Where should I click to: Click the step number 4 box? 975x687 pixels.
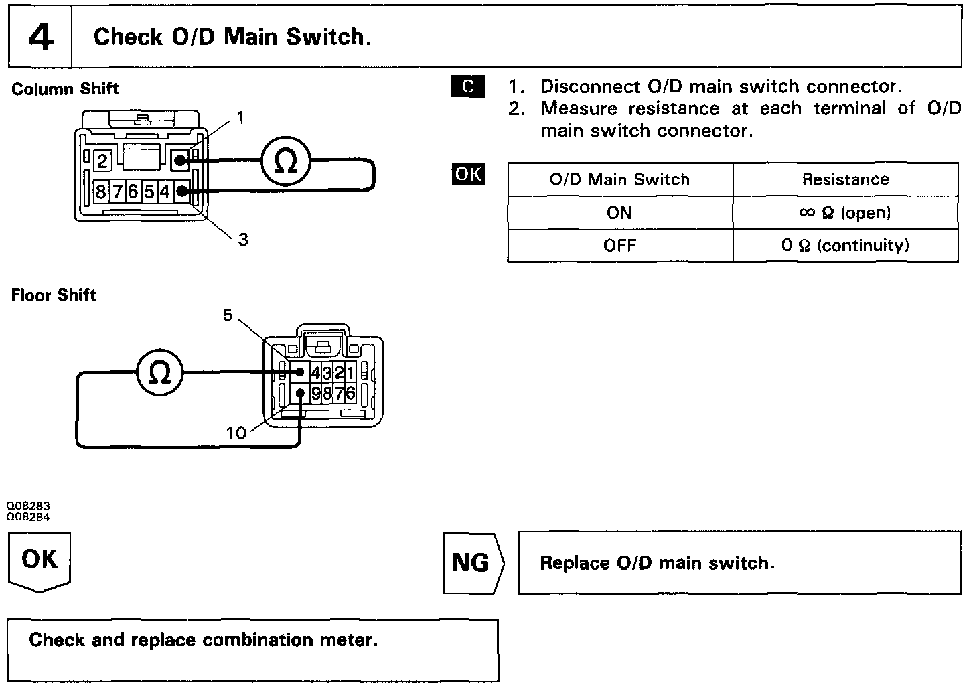pyautogui.click(x=40, y=37)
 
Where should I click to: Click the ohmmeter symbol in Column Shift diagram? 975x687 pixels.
pyautogui.click(x=286, y=161)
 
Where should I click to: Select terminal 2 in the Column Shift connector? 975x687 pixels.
pyautogui.click(x=102, y=161)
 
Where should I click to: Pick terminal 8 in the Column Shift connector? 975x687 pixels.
pyautogui.click(x=100, y=192)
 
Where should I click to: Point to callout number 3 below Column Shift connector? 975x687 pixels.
pyautogui.click(x=243, y=239)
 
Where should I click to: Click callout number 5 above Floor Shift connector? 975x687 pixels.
pyautogui.click(x=228, y=315)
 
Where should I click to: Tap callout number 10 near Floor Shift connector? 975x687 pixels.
pyautogui.click(x=236, y=433)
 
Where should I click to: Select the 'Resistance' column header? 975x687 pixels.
pyautogui.click(x=845, y=179)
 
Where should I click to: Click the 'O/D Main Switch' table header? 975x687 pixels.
pyautogui.click(x=619, y=179)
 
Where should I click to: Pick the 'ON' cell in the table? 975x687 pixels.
pyautogui.click(x=619, y=213)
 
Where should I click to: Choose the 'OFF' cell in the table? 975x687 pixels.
pyautogui.click(x=619, y=245)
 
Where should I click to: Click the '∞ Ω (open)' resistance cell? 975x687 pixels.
pyautogui.click(x=845, y=213)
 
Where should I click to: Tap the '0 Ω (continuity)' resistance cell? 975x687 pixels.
pyautogui.click(x=845, y=245)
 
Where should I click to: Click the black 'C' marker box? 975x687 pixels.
pyautogui.click(x=468, y=86)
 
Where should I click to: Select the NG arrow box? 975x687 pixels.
pyautogui.click(x=471, y=562)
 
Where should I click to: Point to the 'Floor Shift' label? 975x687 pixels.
pyautogui.click(x=54, y=295)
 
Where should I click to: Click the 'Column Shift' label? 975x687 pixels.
pyautogui.click(x=65, y=89)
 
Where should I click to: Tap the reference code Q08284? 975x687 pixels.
pyautogui.click(x=28, y=517)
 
